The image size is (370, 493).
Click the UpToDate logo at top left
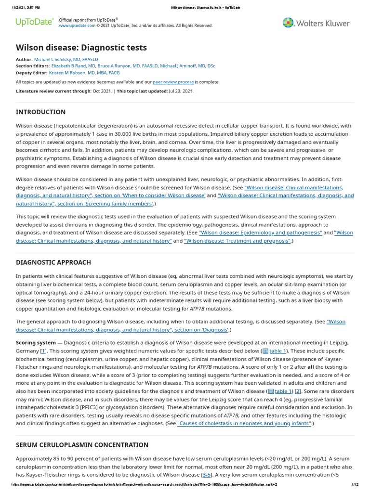click(x=34, y=22)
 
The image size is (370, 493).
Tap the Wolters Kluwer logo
click(x=316, y=23)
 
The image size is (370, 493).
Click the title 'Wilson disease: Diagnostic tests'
click(x=81, y=47)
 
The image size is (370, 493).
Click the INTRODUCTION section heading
click(x=40, y=112)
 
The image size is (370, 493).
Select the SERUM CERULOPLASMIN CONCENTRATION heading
click(x=82, y=445)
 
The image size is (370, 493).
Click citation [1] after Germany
click(x=43, y=351)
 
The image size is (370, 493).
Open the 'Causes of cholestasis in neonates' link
click(x=244, y=423)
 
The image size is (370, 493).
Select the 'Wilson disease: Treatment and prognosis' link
click(x=238, y=241)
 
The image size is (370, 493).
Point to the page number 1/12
click(x=356, y=484)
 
